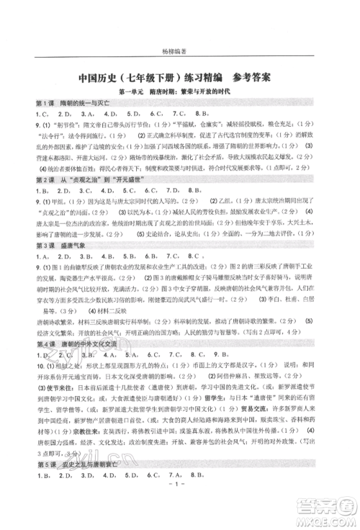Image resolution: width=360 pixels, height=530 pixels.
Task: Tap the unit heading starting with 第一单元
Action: [x=180, y=93]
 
